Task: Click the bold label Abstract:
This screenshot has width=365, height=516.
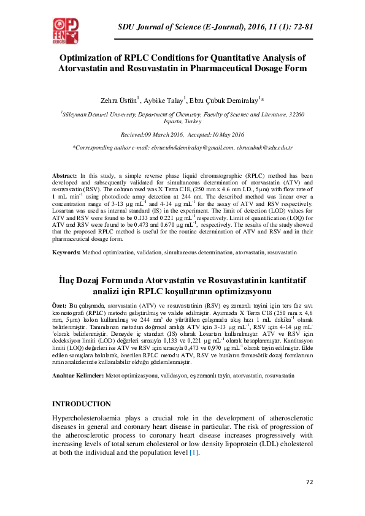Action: tap(65, 175)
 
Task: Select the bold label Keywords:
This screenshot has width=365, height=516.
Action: tap(67, 252)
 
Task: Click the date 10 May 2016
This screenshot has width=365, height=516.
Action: tap(224, 134)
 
